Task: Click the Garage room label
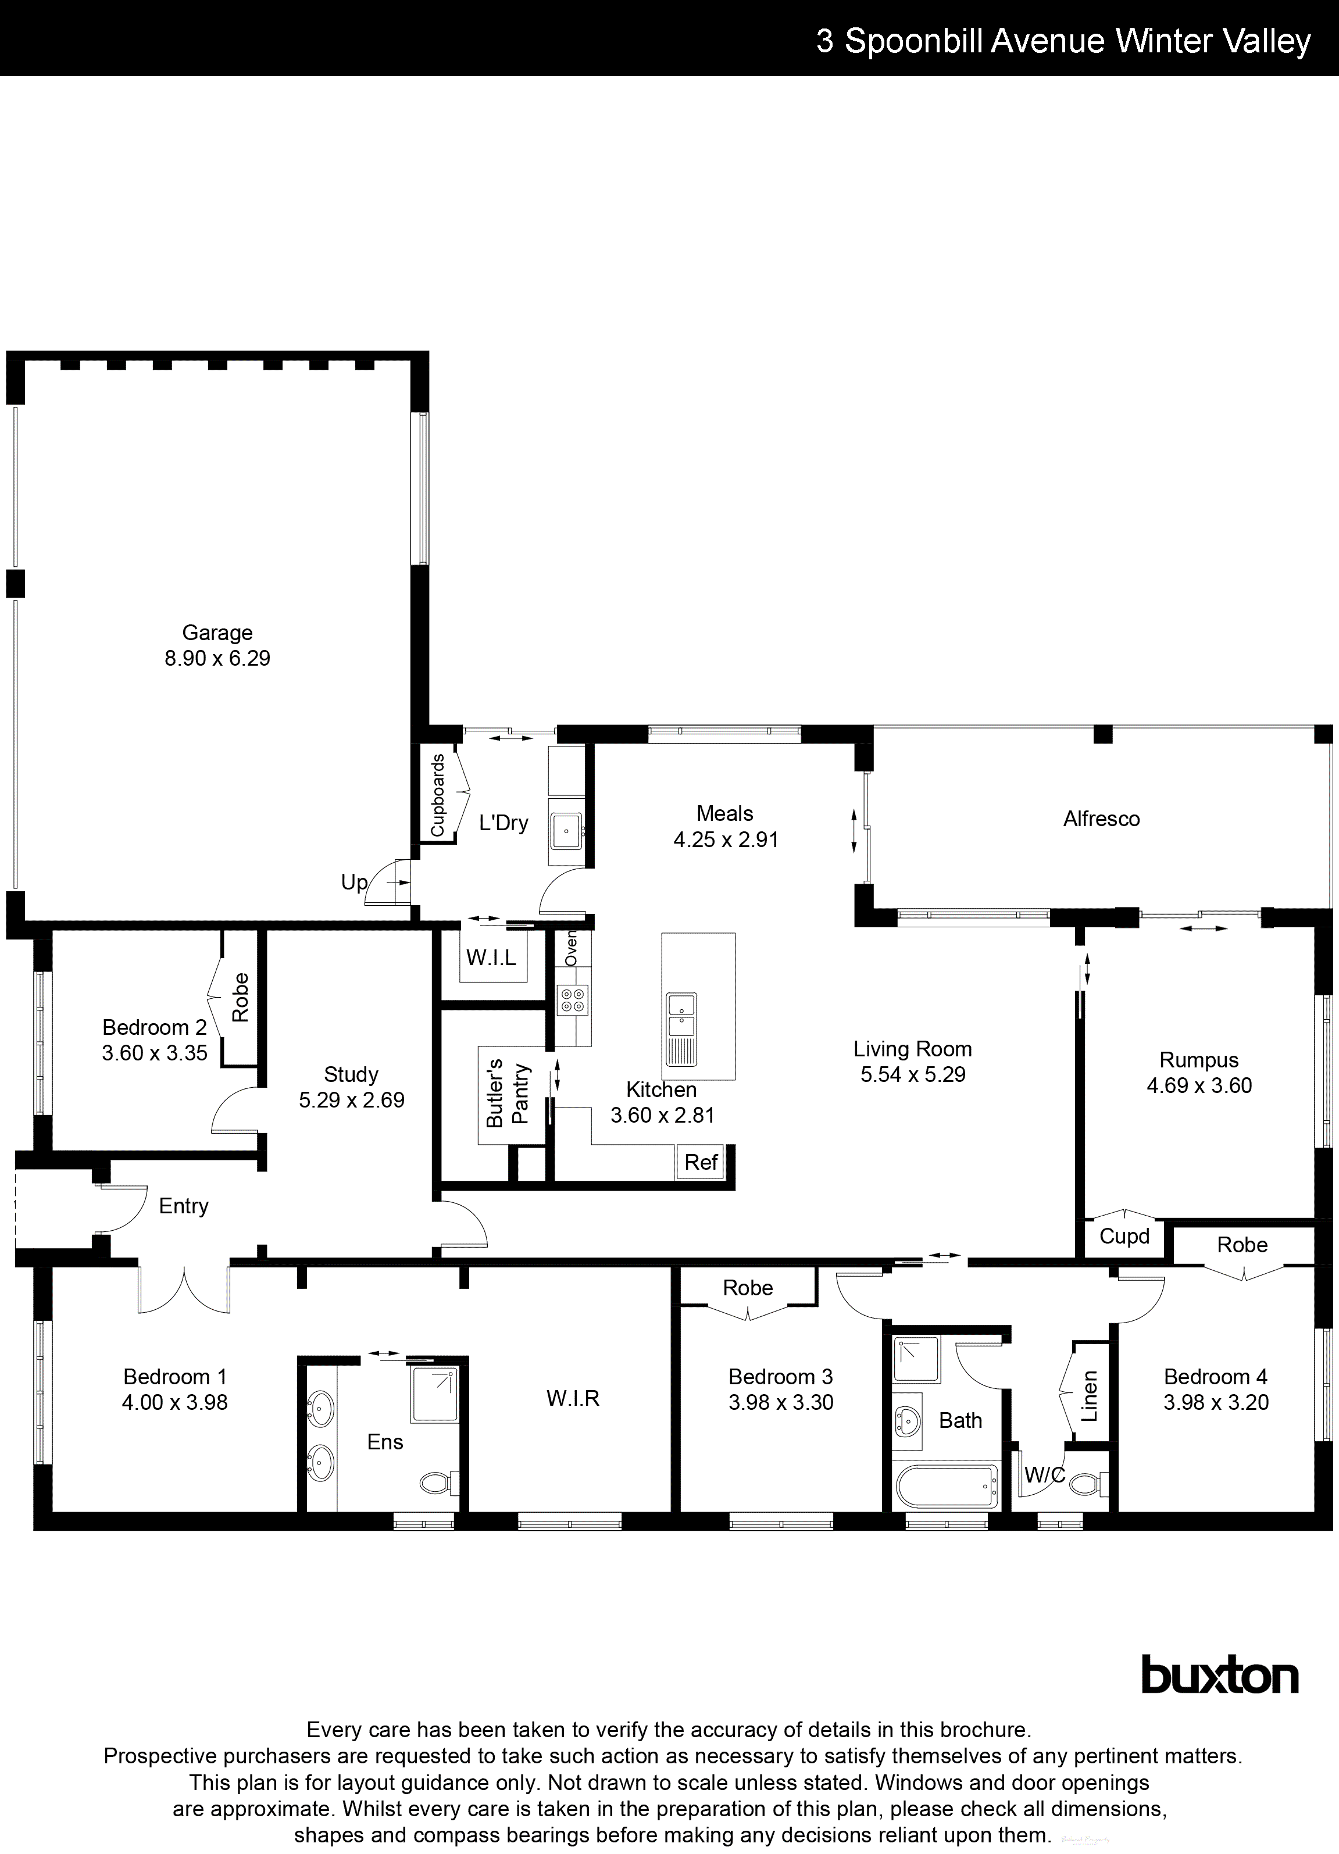click(217, 632)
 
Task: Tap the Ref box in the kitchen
click(701, 1162)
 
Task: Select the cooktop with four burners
click(572, 1001)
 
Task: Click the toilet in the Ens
click(437, 1482)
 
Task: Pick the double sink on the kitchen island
click(681, 1016)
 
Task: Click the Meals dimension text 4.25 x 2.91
click(725, 840)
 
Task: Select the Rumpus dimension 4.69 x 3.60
click(1198, 1085)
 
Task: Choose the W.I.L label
click(491, 958)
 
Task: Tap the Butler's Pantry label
click(508, 1094)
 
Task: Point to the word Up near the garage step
click(354, 882)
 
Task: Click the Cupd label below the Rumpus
click(1124, 1236)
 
